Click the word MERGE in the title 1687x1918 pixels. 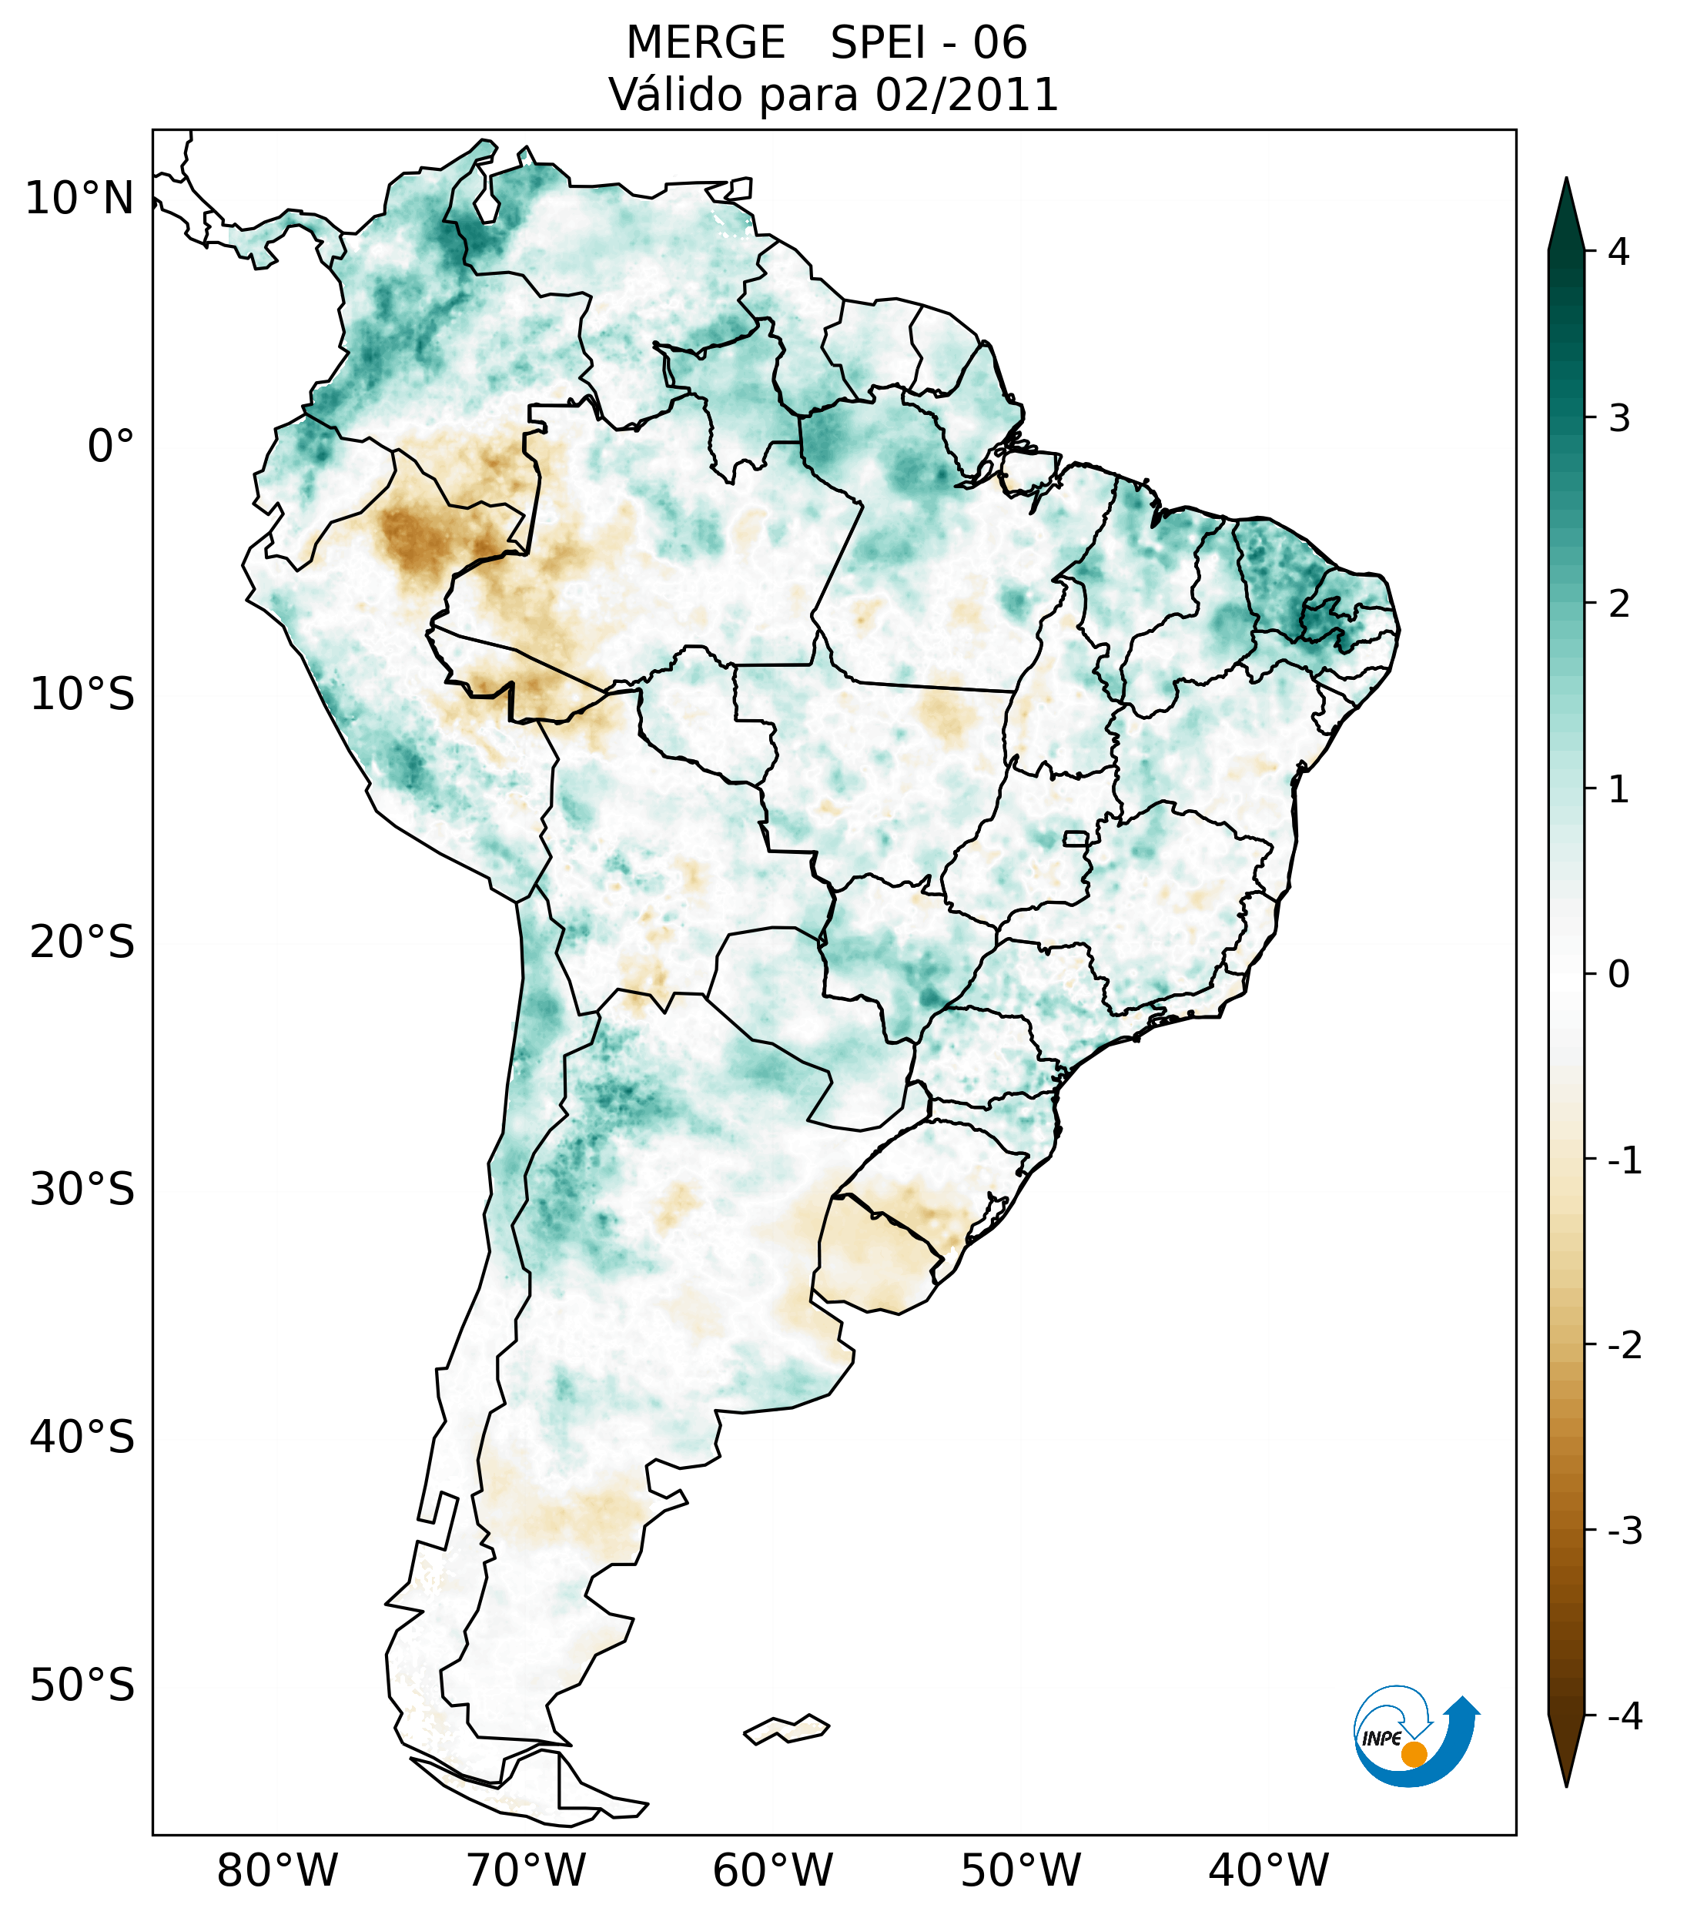[705, 43]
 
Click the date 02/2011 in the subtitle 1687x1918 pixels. [966, 95]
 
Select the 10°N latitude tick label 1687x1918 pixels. [80, 199]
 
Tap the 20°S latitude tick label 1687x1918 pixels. [82, 942]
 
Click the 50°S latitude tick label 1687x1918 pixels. [82, 1685]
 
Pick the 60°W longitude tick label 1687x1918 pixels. [772, 1870]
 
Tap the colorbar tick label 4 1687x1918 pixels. [1618, 252]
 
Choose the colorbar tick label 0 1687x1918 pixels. [1618, 975]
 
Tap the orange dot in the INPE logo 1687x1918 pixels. [1413, 1754]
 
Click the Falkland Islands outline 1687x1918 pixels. [786, 1729]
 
